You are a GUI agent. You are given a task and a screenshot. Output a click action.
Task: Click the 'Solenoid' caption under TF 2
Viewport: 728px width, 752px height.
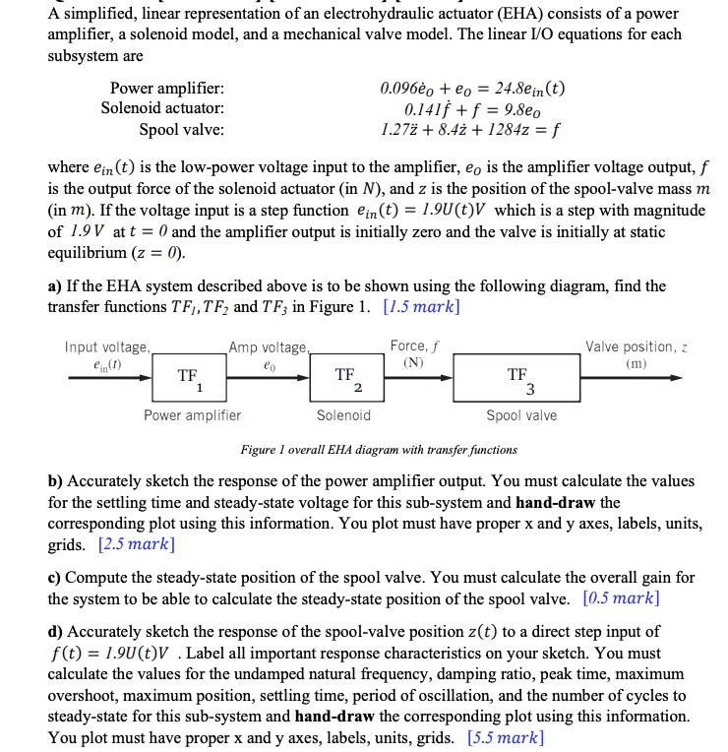(343, 415)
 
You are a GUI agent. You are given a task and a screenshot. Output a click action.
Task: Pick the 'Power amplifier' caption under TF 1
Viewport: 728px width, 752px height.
(192, 415)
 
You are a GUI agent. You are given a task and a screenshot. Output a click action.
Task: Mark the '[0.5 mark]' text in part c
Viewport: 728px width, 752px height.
(621, 597)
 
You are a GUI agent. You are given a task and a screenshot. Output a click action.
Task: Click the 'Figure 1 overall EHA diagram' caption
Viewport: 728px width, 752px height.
(378, 450)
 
